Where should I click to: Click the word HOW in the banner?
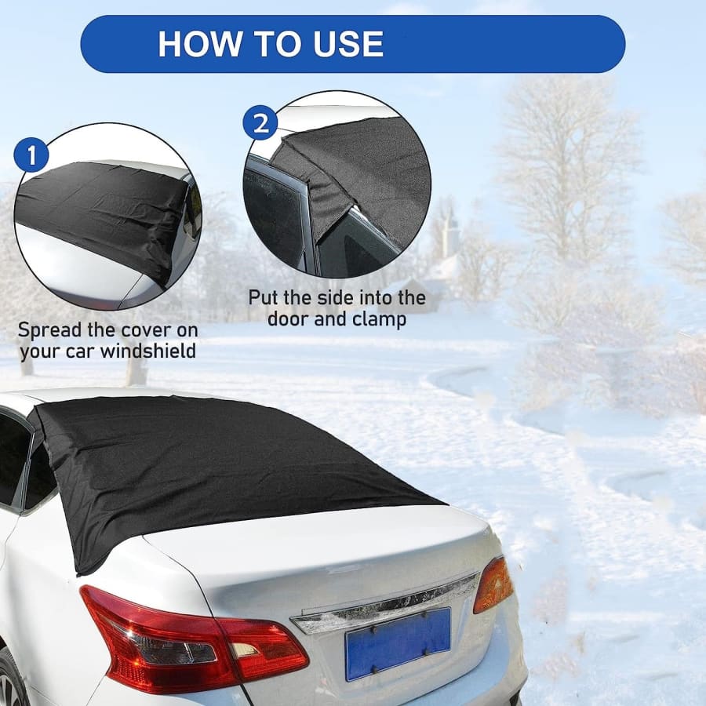(x=199, y=44)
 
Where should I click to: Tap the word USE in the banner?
(x=348, y=44)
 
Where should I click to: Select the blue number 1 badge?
(x=31, y=155)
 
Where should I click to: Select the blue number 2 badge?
(x=260, y=122)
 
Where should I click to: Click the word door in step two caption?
(x=287, y=319)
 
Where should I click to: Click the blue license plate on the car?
(x=398, y=642)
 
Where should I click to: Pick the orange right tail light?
(x=494, y=584)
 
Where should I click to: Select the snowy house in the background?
(x=419, y=288)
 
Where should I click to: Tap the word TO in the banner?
(x=276, y=44)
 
